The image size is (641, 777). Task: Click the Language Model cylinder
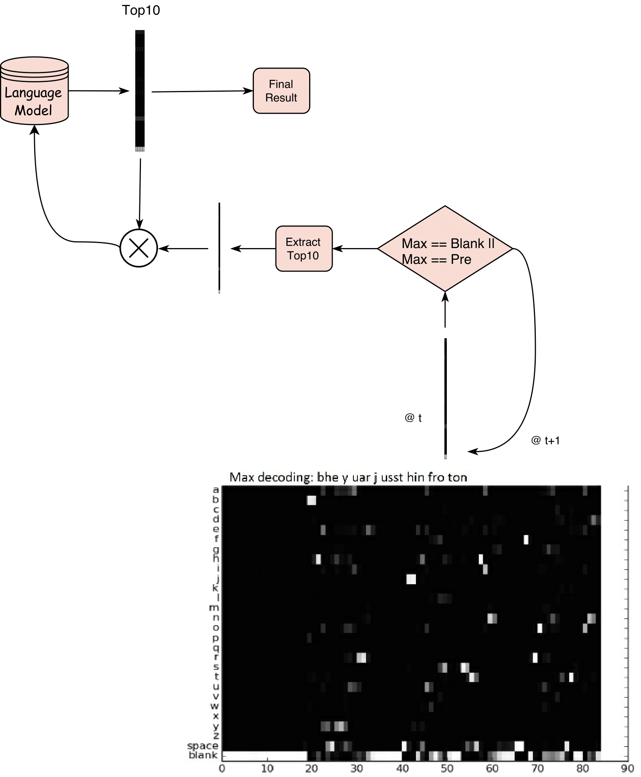(x=34, y=91)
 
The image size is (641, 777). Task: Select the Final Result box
(x=281, y=91)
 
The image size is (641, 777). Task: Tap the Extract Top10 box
(x=303, y=248)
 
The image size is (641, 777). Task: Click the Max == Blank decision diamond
(x=445, y=248)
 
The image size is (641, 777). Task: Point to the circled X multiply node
(x=139, y=248)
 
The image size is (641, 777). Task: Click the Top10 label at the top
(x=141, y=10)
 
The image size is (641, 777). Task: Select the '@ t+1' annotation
(x=545, y=440)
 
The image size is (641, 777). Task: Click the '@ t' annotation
(x=413, y=418)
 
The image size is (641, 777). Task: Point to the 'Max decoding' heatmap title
(x=348, y=477)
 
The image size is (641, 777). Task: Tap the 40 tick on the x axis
(x=402, y=768)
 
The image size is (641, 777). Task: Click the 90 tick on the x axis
(x=627, y=768)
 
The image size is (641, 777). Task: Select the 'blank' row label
(x=203, y=755)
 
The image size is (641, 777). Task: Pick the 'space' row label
(x=203, y=746)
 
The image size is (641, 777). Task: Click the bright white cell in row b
(x=311, y=500)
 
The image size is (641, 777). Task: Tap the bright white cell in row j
(x=411, y=579)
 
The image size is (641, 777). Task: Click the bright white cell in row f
(x=526, y=540)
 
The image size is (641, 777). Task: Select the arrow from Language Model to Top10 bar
(x=99, y=91)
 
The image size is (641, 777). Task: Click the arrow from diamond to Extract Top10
(x=355, y=248)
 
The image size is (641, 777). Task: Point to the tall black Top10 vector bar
(x=140, y=91)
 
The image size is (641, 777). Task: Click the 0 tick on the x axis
(x=222, y=768)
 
